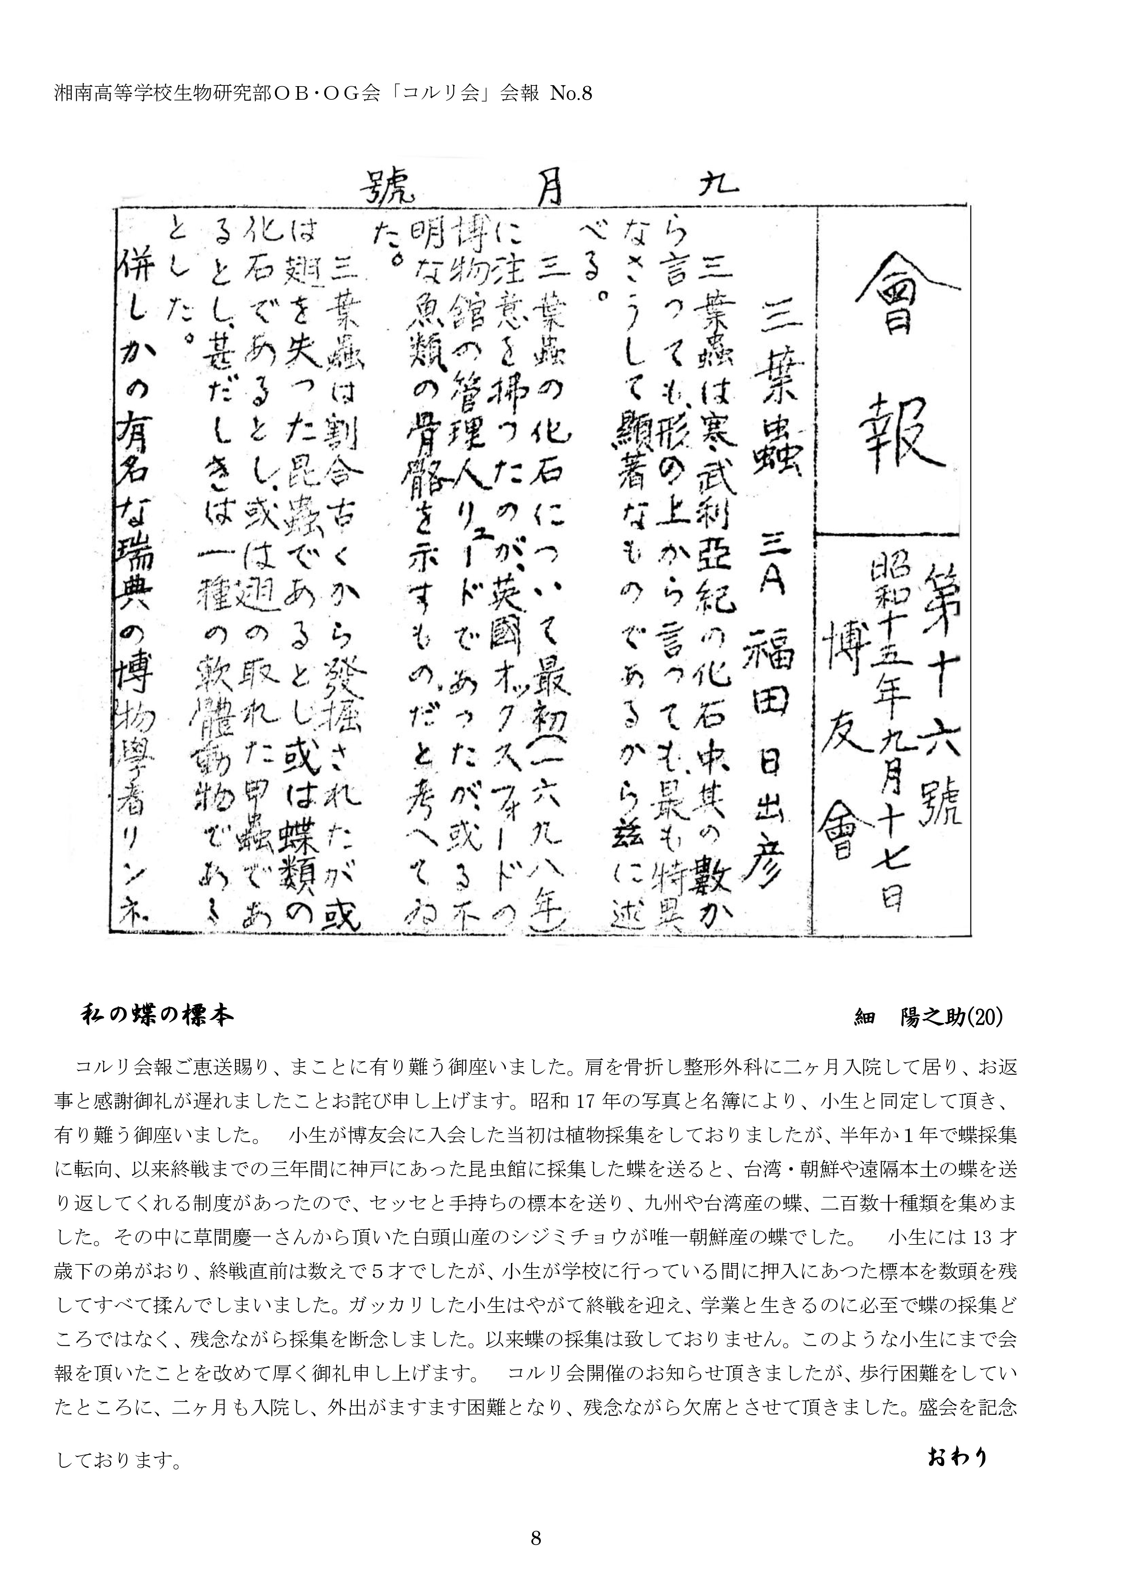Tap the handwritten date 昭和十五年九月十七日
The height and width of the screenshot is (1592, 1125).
click(x=889, y=735)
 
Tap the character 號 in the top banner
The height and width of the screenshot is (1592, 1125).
click(x=385, y=186)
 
